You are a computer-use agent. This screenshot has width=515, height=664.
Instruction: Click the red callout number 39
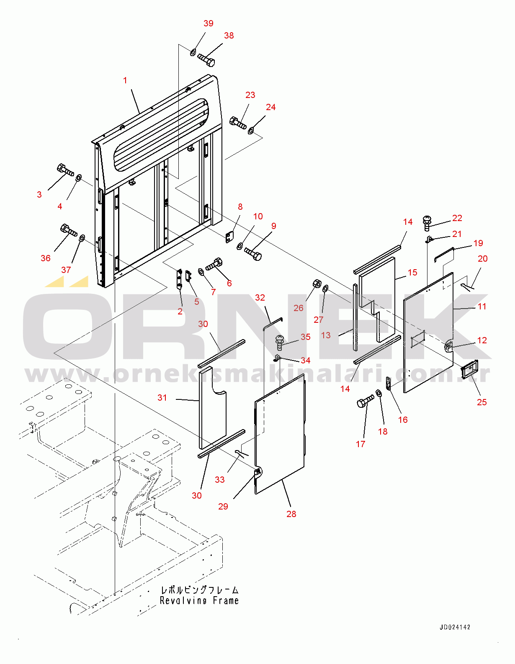(x=209, y=23)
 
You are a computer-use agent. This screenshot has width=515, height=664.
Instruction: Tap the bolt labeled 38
(x=206, y=59)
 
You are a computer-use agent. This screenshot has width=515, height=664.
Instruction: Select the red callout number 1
(x=125, y=80)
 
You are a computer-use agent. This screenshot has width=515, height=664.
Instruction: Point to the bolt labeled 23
(x=238, y=123)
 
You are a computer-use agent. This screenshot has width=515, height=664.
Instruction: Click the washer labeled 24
(x=251, y=131)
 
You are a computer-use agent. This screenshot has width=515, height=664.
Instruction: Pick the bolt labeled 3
(x=65, y=170)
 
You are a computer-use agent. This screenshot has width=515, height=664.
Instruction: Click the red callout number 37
(x=66, y=270)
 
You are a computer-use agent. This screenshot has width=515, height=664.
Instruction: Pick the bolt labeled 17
(x=366, y=401)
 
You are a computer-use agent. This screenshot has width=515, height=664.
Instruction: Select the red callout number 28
(x=291, y=514)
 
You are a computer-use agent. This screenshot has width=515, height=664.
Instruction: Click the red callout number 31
(x=162, y=398)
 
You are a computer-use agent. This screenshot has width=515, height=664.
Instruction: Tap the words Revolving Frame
(x=199, y=601)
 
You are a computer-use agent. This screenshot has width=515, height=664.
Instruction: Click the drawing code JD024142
(x=455, y=627)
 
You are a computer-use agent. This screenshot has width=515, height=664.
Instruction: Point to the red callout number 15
(x=412, y=273)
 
